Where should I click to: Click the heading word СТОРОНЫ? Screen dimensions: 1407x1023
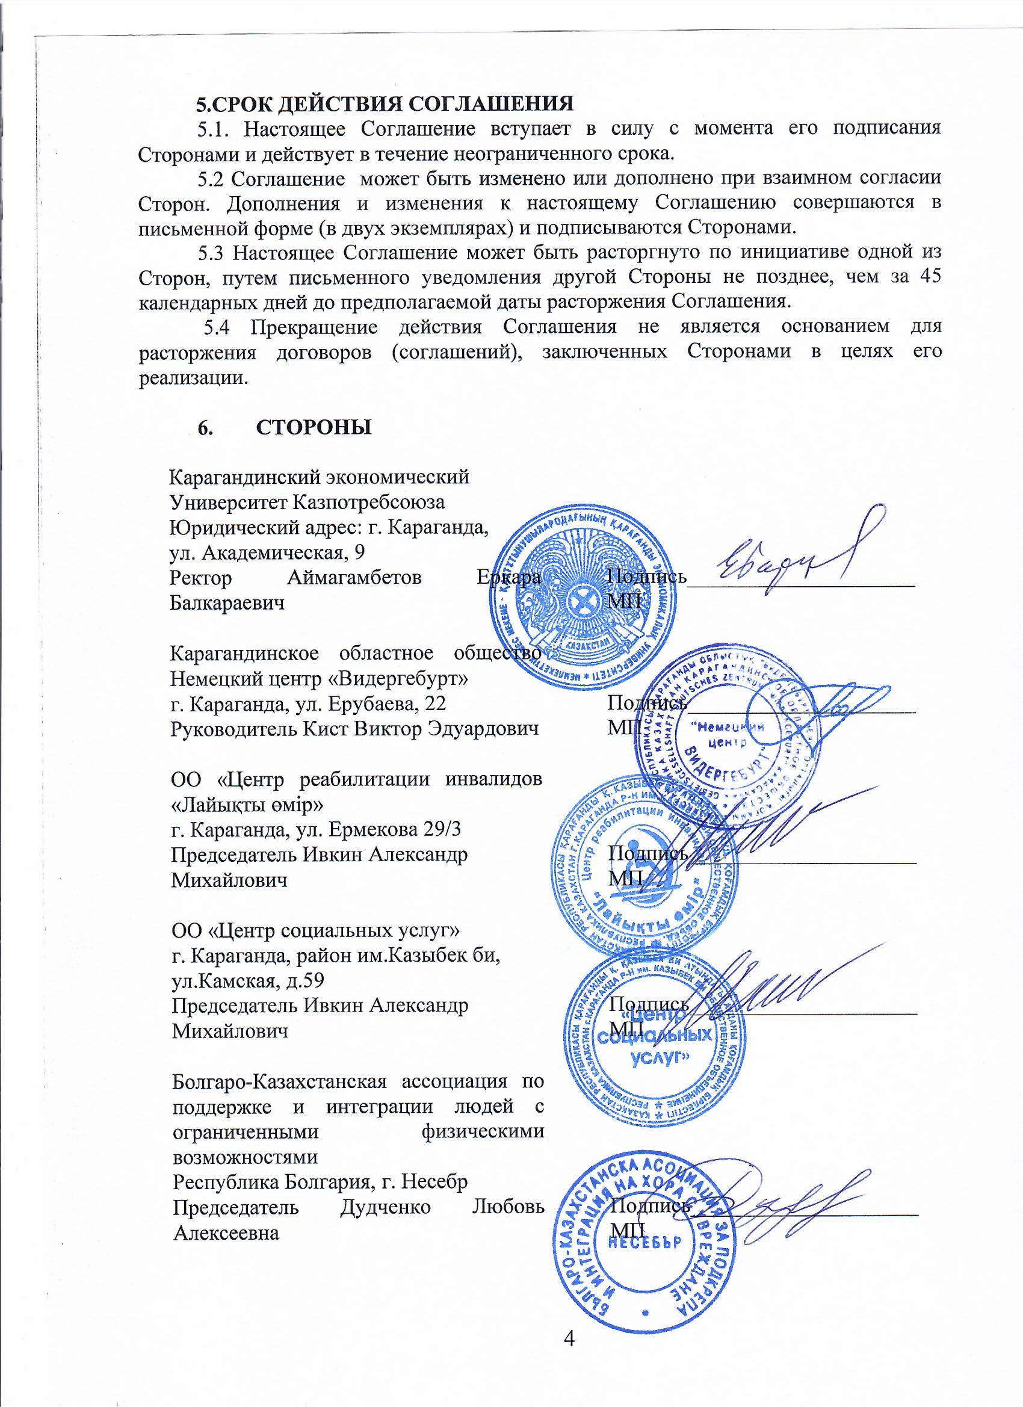point(314,428)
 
